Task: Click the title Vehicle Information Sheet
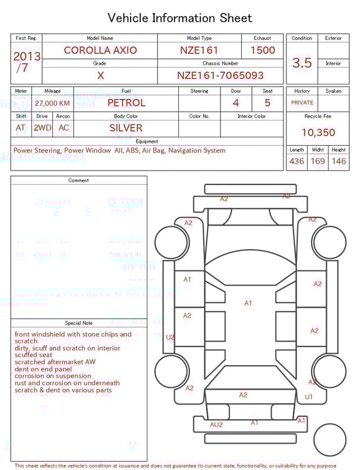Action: tap(180, 18)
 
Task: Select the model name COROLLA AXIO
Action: tap(100, 50)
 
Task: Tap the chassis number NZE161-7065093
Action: tap(220, 75)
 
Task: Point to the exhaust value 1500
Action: tap(262, 50)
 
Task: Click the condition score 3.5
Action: tap(302, 63)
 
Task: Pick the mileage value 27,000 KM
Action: tap(52, 104)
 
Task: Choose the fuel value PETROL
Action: tap(126, 103)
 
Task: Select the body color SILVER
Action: tap(126, 128)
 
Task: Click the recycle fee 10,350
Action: tap(318, 133)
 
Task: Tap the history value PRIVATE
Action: tap(302, 103)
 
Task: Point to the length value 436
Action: tap(296, 162)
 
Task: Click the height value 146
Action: tap(339, 162)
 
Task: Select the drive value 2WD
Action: tap(42, 128)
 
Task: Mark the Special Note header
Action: tap(79, 323)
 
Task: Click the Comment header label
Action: tap(79, 181)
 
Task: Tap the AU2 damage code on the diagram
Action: tap(216, 424)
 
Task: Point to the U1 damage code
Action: tap(309, 397)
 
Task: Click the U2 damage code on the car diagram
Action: tap(170, 337)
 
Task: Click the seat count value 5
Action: tap(267, 103)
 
